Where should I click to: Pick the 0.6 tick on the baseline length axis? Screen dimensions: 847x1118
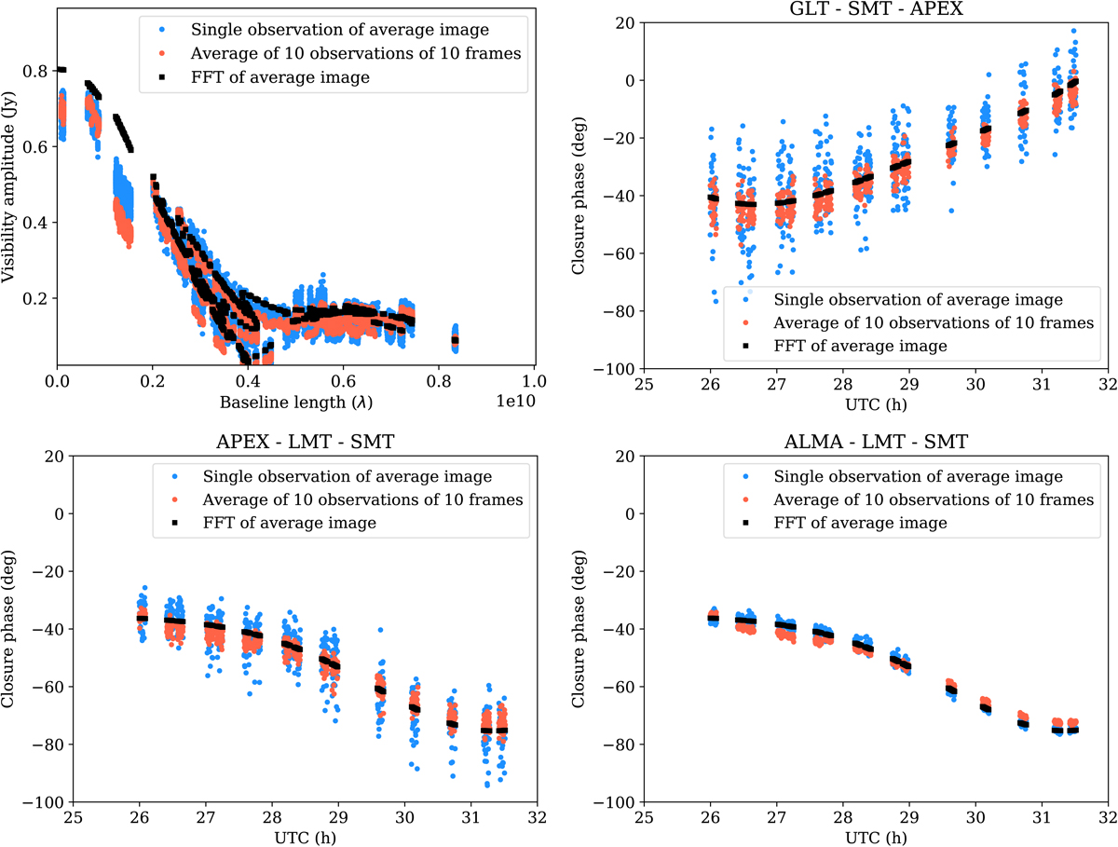pos(344,382)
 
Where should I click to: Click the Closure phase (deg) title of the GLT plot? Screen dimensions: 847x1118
pos(579,197)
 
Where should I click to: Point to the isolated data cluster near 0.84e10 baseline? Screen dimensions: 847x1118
pos(455,335)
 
